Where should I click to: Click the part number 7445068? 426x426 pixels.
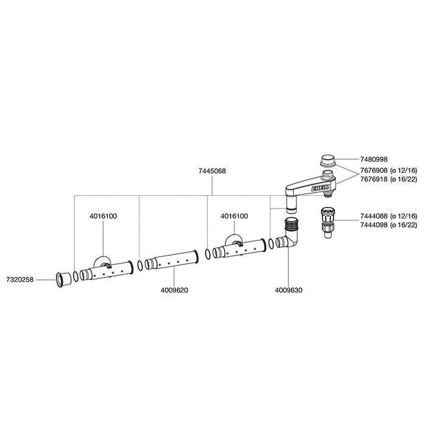coord(213,171)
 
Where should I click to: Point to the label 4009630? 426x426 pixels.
coord(288,291)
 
